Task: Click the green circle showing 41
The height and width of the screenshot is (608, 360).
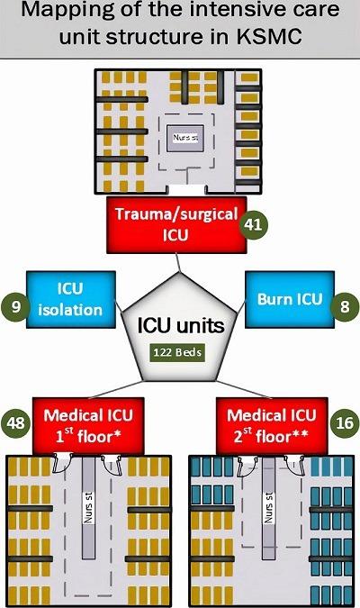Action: pyautogui.click(x=257, y=225)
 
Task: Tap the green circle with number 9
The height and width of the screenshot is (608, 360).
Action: pyautogui.click(x=14, y=306)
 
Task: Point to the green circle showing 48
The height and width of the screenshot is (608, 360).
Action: pyautogui.click(x=16, y=422)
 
